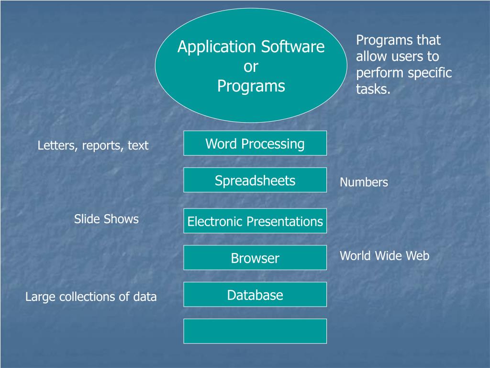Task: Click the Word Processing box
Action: click(255, 143)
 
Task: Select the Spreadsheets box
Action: click(255, 180)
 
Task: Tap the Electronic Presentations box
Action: click(255, 221)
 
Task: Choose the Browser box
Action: click(255, 258)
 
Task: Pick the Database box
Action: click(255, 295)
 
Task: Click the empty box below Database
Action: click(255, 331)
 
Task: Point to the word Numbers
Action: click(364, 182)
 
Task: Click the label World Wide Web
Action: click(384, 256)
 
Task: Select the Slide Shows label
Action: click(106, 219)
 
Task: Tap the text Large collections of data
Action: click(91, 297)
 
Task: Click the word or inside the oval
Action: click(251, 67)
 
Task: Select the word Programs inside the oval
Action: click(251, 86)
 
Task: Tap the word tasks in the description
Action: click(373, 89)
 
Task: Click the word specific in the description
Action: click(429, 73)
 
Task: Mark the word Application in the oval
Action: click(217, 47)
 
